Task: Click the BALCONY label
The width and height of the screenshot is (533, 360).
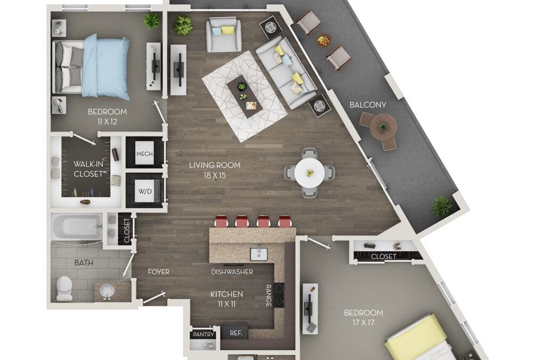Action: click(368, 105)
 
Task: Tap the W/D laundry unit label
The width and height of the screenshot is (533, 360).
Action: click(144, 191)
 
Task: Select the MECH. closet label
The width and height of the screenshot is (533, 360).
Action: click(144, 154)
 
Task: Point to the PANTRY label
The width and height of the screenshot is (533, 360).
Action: click(203, 334)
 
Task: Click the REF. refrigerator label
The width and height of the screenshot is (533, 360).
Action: click(236, 333)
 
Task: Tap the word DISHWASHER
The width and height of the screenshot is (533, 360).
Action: click(232, 272)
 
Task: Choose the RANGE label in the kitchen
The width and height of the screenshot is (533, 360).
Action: click(269, 295)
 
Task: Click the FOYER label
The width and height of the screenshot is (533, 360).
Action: click(158, 272)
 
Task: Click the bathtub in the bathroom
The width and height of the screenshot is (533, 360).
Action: click(77, 228)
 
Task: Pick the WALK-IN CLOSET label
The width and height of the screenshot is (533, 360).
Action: click(87, 169)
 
